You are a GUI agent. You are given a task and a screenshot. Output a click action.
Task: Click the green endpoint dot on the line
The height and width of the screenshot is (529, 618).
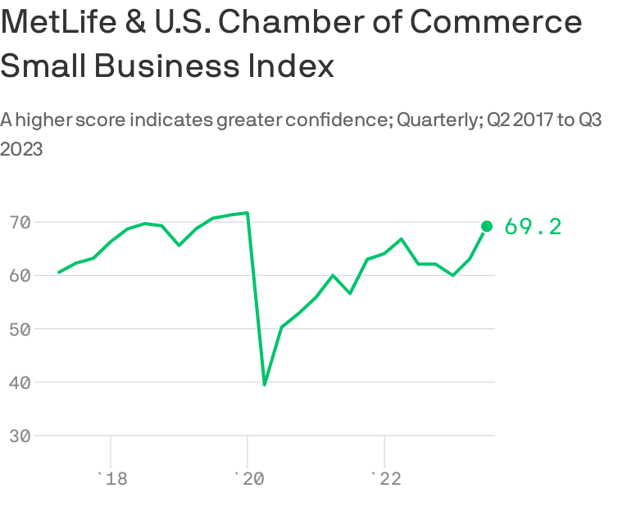[486, 226]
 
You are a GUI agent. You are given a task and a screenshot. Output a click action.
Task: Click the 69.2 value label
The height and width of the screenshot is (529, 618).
[533, 227]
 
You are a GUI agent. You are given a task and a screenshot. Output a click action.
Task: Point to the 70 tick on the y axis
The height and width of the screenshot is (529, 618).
[20, 222]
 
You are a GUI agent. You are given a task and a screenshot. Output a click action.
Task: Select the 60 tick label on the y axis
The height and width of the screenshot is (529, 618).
[20, 276]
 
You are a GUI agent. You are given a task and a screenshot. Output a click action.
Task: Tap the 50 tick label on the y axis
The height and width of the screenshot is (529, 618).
[20, 329]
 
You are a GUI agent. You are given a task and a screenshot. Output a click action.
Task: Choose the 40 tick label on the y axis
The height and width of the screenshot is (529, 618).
[20, 382]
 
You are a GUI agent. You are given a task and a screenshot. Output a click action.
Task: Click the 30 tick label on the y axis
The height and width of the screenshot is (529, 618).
[20, 436]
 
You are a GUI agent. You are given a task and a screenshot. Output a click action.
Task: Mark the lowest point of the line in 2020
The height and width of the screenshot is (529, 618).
[264, 384]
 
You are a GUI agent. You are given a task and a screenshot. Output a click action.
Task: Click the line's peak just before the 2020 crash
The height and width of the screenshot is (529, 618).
[247, 213]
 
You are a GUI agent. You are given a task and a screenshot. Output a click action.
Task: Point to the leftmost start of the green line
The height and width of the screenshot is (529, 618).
[59, 272]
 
